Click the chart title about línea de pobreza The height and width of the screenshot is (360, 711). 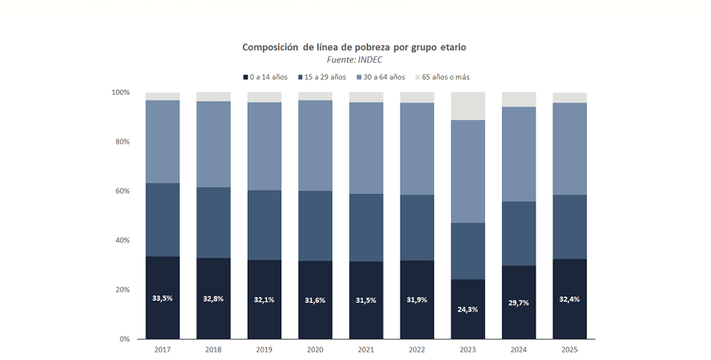(360, 47)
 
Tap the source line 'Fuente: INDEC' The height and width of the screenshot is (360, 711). (360, 60)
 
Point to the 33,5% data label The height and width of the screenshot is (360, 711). (163, 298)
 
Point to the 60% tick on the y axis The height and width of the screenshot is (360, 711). (121, 191)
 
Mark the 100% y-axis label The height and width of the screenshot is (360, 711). (119, 92)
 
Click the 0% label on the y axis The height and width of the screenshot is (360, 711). (123, 339)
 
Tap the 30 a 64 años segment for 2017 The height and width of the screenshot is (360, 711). (163, 141)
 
